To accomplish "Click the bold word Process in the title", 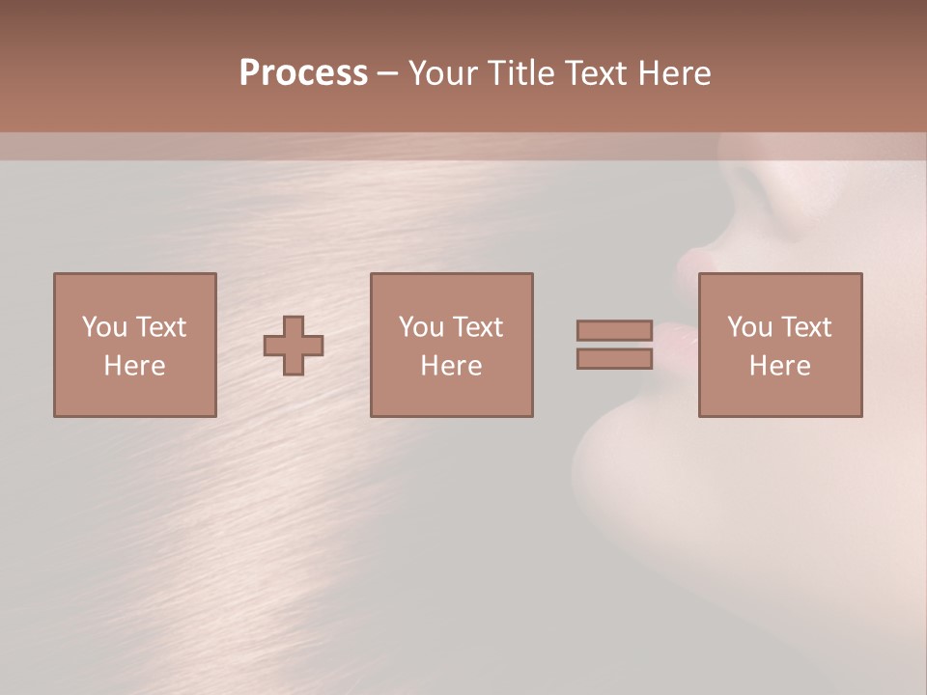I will [303, 73].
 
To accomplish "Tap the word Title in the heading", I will [520, 73].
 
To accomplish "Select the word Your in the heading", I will [442, 73].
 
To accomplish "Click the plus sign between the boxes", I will [294, 346].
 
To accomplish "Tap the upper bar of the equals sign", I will [614, 331].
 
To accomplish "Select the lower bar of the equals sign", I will [614, 359].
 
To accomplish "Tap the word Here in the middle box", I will [451, 366].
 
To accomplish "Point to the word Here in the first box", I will [134, 366].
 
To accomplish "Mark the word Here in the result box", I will [779, 366].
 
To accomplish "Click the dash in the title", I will [387, 73].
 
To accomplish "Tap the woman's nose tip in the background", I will [692, 262].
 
